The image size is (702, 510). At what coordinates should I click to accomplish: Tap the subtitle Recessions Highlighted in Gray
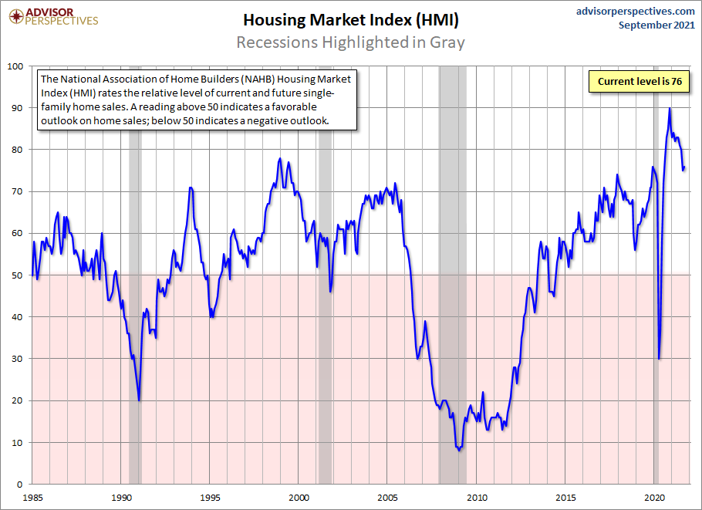(x=350, y=42)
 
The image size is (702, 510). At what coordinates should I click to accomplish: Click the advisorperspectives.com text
(x=636, y=11)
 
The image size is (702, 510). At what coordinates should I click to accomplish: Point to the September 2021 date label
(x=656, y=25)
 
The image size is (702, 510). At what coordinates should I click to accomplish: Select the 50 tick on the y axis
(x=19, y=275)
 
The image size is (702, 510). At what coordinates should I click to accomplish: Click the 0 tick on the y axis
(x=22, y=485)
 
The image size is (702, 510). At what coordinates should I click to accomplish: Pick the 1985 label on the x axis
(x=33, y=498)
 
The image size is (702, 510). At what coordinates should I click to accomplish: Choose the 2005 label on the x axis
(x=388, y=498)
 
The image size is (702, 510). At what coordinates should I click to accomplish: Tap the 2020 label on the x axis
(x=654, y=498)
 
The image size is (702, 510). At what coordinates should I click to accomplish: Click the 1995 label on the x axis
(x=211, y=498)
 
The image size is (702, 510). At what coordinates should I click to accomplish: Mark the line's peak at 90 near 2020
(x=669, y=108)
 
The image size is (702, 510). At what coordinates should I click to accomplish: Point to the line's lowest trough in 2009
(x=459, y=450)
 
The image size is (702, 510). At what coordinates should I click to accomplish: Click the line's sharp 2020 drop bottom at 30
(x=659, y=358)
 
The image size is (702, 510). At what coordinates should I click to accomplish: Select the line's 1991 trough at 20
(x=139, y=400)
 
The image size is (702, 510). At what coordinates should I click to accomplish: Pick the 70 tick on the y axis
(x=19, y=191)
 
